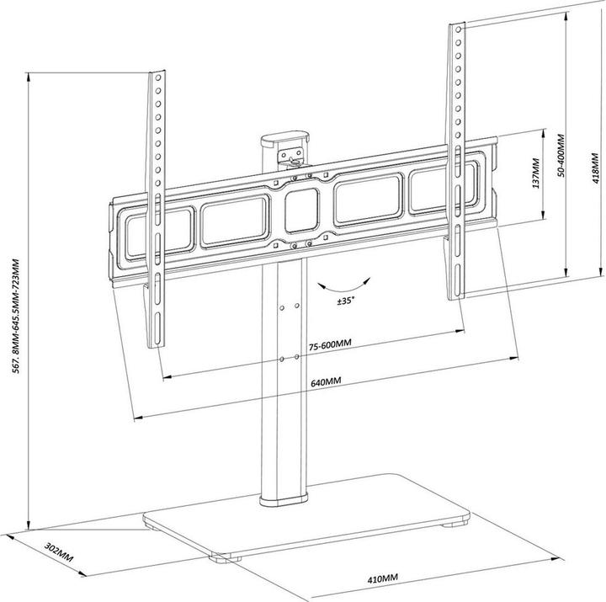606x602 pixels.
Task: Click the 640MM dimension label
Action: pos(325,381)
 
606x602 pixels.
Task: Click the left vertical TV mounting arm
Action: pos(157,210)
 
